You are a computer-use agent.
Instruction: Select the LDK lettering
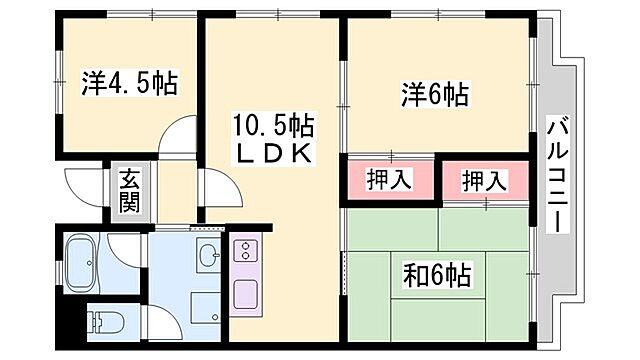[x=272, y=154]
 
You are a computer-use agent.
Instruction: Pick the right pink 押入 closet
[x=485, y=182]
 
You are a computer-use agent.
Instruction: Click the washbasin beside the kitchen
[x=208, y=256]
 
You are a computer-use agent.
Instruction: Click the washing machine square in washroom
[x=205, y=304]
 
